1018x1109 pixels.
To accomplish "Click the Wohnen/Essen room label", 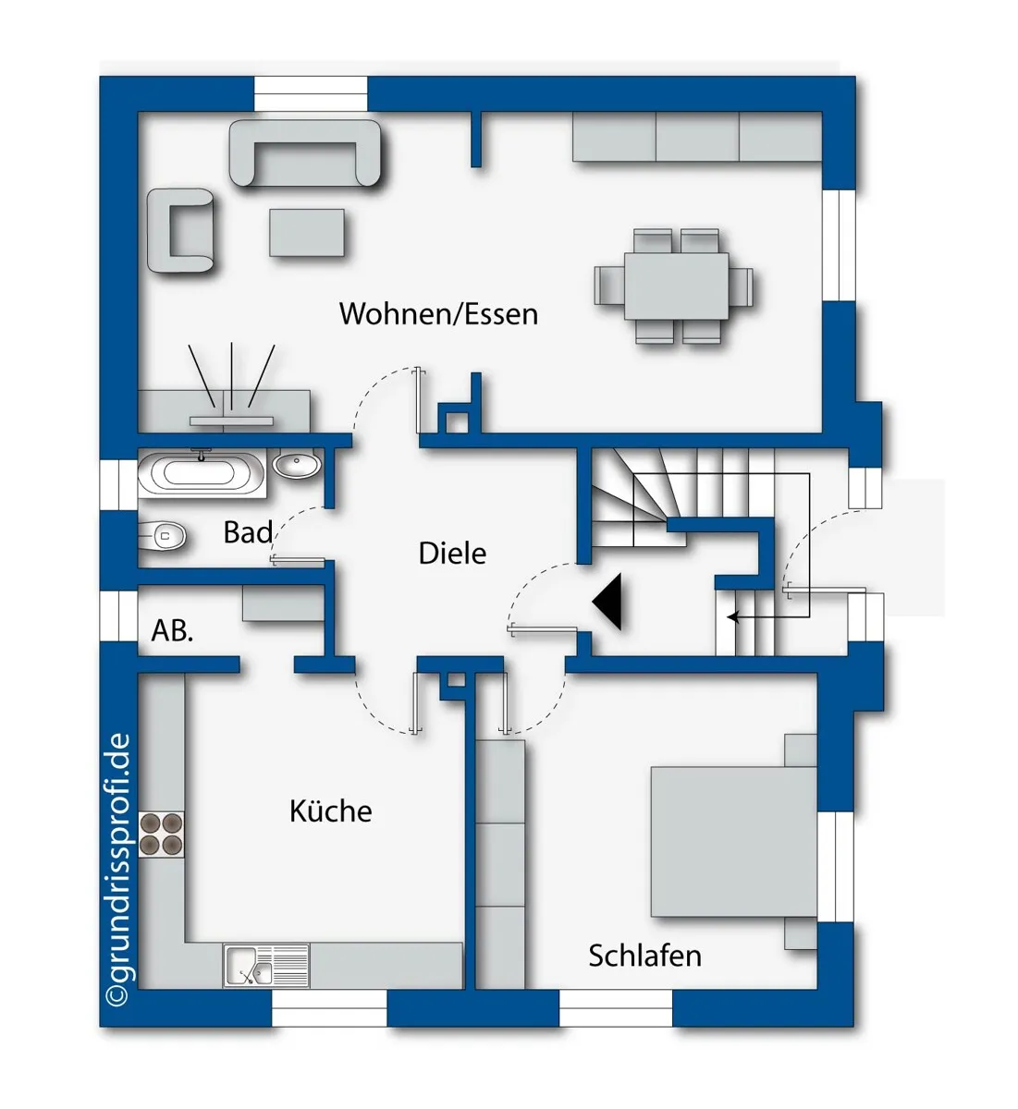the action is click(438, 314).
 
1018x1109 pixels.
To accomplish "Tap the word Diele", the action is click(452, 554).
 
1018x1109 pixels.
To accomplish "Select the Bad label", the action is click(248, 532).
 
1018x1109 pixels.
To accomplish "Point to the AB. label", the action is click(173, 630).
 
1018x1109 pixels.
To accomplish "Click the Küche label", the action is click(331, 810).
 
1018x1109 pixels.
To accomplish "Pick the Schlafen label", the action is click(645, 956).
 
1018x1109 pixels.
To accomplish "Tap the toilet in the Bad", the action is click(162, 536).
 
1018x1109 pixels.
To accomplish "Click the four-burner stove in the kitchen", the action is click(161, 834).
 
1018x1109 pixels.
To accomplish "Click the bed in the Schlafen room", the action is click(734, 841).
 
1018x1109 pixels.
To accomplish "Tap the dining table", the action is click(676, 286).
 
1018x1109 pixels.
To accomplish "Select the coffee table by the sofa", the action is click(307, 233).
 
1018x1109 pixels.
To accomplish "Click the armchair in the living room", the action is click(180, 230).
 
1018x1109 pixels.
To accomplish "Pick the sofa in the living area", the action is click(305, 152).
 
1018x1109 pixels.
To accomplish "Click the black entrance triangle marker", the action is click(607, 602).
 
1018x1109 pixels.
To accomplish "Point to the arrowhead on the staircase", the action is click(732, 616).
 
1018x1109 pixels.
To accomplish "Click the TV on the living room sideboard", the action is click(231, 421).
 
